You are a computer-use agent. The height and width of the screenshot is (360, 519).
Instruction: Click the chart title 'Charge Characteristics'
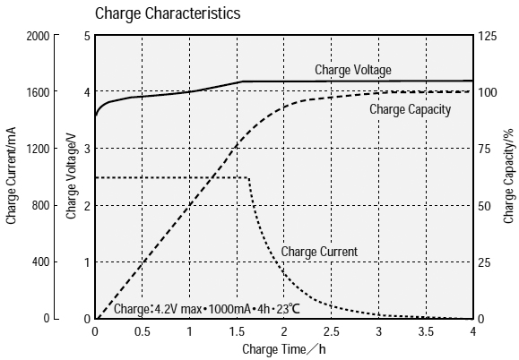pyautogui.click(x=167, y=13)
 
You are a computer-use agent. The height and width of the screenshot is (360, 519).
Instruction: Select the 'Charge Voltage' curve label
pyautogui.click(x=352, y=69)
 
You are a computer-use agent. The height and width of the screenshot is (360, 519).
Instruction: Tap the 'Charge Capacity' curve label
pyautogui.click(x=410, y=109)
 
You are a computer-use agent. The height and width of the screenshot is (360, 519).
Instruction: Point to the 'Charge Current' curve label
pyautogui.click(x=319, y=252)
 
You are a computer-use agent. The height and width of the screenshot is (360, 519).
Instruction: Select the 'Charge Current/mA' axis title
pyautogui.click(x=12, y=176)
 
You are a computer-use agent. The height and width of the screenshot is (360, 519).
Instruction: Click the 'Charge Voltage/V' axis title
pyautogui.click(x=71, y=176)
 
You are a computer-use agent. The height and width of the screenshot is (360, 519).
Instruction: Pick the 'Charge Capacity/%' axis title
pyautogui.click(x=508, y=176)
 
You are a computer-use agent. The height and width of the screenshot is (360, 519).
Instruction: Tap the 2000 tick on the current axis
pyautogui.click(x=38, y=36)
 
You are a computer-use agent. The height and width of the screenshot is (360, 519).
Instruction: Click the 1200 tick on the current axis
pyautogui.click(x=38, y=149)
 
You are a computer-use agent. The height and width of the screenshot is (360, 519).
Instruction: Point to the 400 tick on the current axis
pyautogui.click(x=40, y=262)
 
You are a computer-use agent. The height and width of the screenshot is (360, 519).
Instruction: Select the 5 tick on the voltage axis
pyautogui.click(x=87, y=36)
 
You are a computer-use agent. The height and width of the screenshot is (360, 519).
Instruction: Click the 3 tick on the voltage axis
pyautogui.click(x=87, y=149)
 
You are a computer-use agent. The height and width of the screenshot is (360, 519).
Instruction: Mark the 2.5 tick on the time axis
pyautogui.click(x=331, y=330)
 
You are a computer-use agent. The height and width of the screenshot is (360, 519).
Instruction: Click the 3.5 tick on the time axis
pyautogui.click(x=425, y=330)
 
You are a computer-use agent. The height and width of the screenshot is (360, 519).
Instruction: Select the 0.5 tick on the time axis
pyautogui.click(x=142, y=330)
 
